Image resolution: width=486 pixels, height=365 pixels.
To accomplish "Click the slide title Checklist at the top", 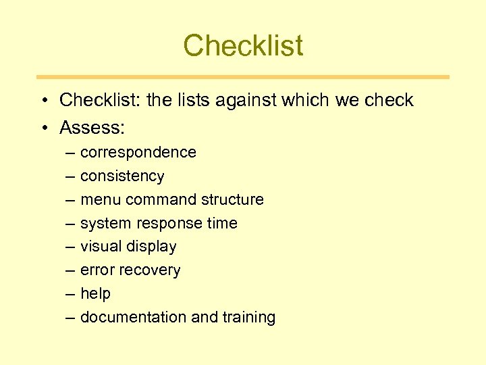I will tap(243, 46).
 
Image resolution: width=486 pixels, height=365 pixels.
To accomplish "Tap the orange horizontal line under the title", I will tap(243, 77).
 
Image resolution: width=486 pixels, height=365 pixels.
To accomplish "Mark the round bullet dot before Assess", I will tap(43, 128).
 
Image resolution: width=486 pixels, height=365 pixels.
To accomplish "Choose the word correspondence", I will tap(138, 153).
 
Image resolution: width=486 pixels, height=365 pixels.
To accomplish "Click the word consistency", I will tap(122, 176).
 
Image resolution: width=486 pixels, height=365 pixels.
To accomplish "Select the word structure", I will tap(236, 200).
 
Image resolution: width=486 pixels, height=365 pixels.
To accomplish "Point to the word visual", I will tap(101, 247).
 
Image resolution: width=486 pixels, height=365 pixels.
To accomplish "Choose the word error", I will tap(97, 270).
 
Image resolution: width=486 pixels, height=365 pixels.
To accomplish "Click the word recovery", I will tap(150, 270).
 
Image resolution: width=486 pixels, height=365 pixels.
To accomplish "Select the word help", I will tap(95, 294).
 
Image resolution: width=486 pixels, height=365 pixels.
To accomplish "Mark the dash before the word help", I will tap(71, 294).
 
